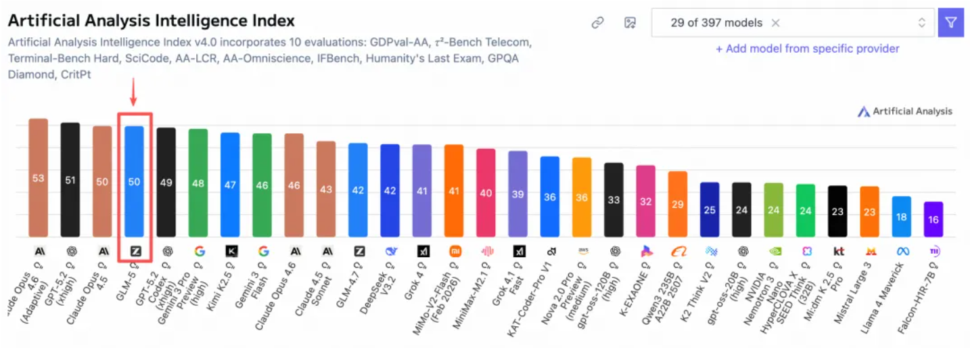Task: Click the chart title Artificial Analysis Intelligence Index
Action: (x=151, y=21)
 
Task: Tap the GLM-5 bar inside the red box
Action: (x=134, y=181)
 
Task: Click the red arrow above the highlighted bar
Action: (x=133, y=92)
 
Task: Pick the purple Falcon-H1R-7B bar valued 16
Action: (x=933, y=219)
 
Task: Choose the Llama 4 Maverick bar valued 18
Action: (x=902, y=217)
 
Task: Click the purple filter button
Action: (x=950, y=23)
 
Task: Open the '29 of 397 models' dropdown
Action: (x=792, y=23)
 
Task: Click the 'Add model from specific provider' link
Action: (x=808, y=49)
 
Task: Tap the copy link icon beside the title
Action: (x=597, y=23)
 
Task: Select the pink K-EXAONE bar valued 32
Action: (x=645, y=201)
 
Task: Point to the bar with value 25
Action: (x=710, y=210)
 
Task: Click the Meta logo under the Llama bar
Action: (x=902, y=251)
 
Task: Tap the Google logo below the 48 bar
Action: (x=199, y=251)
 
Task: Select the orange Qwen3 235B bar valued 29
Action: (x=678, y=204)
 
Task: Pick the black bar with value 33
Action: (x=614, y=200)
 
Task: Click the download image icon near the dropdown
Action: (x=630, y=23)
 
